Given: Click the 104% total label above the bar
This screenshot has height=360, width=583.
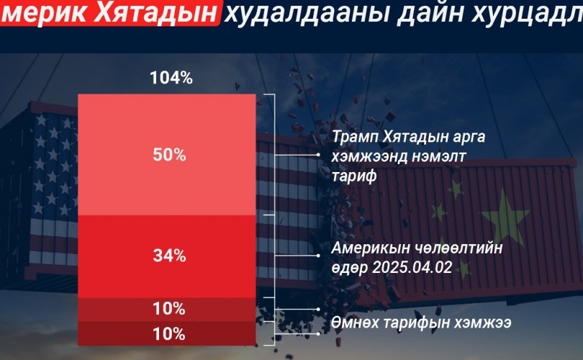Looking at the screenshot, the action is pos(171,78).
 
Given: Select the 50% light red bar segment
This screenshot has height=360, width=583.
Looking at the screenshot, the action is pos(167,155).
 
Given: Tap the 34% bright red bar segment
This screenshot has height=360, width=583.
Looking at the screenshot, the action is pos(167,256).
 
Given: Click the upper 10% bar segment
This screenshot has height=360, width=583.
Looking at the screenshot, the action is pos(167,310).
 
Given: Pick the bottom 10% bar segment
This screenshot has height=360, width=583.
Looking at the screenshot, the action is pos(167,333).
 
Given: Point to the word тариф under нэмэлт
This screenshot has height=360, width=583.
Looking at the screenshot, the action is pos(354,176).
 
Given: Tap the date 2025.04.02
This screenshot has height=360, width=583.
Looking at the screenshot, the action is pos(412,267).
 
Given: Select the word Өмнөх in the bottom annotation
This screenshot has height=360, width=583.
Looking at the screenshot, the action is pos(355,322).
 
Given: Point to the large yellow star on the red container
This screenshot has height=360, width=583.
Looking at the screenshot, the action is pos(505,216).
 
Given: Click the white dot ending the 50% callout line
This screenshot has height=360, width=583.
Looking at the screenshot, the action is pos(318,154).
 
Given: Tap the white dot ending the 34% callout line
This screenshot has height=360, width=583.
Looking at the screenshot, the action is pos(318,256).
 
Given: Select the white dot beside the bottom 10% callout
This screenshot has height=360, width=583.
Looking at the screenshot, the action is pos(318,333).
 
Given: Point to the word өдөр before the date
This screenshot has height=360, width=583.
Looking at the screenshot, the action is pos(350,267).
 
